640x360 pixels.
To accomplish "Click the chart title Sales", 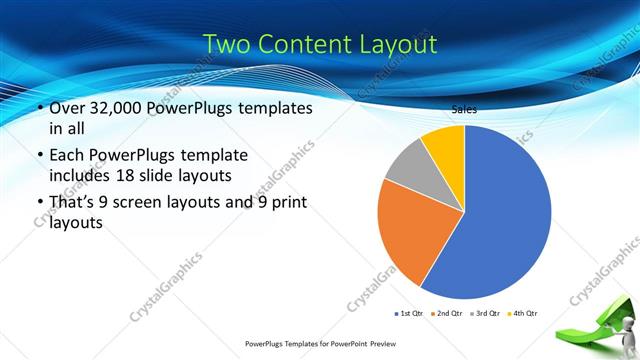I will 464,110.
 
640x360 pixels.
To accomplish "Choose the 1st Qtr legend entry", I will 412,313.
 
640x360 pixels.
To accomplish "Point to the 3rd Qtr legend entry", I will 485,313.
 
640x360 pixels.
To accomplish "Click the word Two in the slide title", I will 228,44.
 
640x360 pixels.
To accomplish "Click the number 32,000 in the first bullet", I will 125,107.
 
